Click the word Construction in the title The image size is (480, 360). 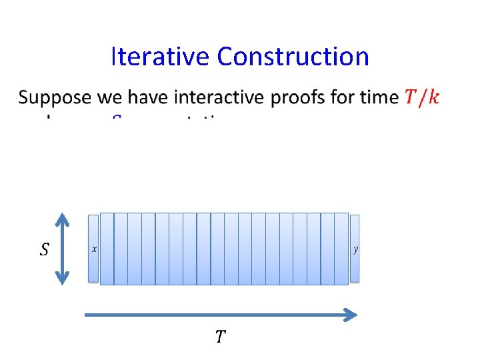293,57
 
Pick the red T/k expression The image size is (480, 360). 421,97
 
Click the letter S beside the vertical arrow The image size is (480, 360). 44,250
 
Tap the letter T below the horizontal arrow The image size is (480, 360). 220,337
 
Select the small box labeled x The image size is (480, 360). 93,249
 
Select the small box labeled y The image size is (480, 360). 355,249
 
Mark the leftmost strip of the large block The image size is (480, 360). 107,249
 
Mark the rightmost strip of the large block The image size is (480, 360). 341,249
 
